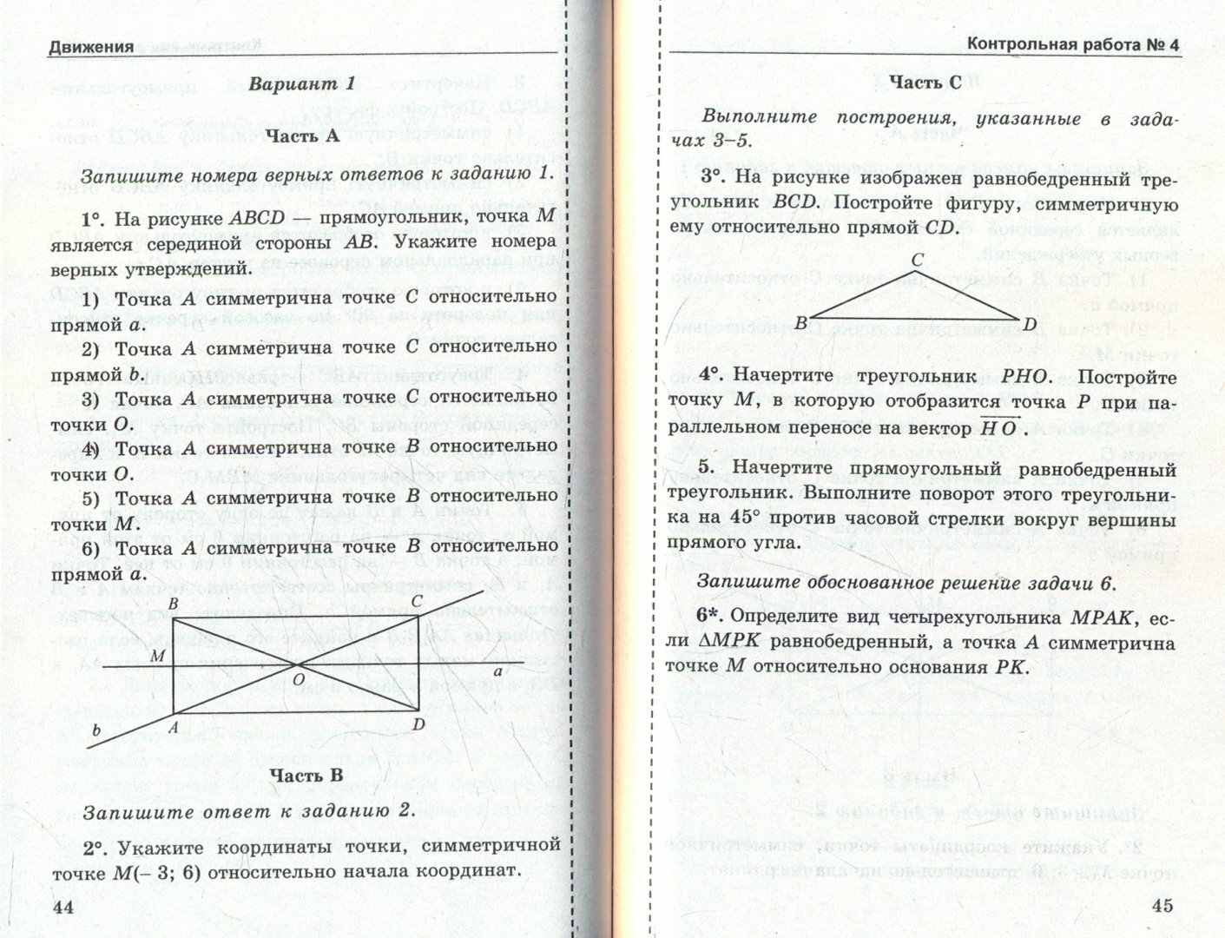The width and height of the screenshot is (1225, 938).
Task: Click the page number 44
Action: pos(63,907)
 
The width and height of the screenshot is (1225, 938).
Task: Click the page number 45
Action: pos(1162,906)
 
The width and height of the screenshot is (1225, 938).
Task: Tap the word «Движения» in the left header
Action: pos(91,47)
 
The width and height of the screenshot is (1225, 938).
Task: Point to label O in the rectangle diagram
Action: pos(298,680)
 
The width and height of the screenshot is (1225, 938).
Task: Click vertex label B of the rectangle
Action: pos(173,604)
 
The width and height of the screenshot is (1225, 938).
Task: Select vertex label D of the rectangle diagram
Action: pos(418,723)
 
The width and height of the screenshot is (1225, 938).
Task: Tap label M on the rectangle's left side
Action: pos(157,657)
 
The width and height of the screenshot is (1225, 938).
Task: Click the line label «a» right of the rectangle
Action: pos(497,673)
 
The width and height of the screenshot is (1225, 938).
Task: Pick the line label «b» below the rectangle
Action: pos(97,731)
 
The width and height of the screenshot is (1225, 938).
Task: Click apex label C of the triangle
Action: pos(917,260)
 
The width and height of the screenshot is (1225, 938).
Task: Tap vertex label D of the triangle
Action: pos(1031,325)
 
